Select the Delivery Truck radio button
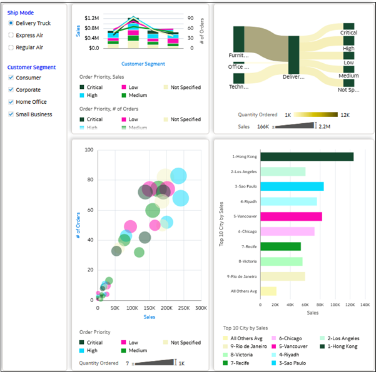(x=11, y=23)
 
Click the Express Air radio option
(x=11, y=35)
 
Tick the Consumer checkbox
(x=11, y=78)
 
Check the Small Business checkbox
(x=11, y=114)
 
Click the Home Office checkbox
(x=11, y=102)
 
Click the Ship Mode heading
(x=21, y=12)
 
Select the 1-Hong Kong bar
(x=307, y=156)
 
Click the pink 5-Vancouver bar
(x=291, y=216)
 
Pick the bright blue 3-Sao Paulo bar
(x=292, y=186)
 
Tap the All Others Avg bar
(x=268, y=291)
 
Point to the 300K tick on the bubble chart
(x=201, y=308)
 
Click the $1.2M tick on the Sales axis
(x=91, y=19)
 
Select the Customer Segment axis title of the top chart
(x=143, y=64)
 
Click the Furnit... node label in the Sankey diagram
(x=238, y=55)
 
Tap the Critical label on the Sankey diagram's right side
(x=348, y=33)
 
